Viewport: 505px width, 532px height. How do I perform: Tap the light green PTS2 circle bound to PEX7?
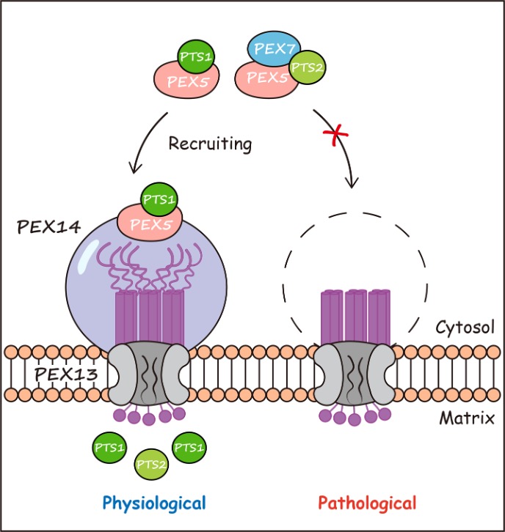[308, 71]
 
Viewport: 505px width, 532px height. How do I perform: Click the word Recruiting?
[209, 144]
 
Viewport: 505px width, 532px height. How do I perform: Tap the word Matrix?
[464, 419]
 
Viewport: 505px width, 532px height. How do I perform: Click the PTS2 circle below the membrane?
[151, 465]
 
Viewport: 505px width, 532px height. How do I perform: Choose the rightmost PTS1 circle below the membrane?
[189, 447]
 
